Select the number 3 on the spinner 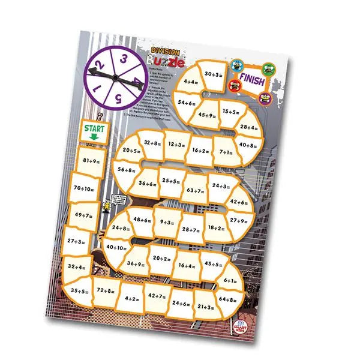(x=122, y=59)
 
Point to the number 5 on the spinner (x=119, y=97)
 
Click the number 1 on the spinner (x=97, y=88)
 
